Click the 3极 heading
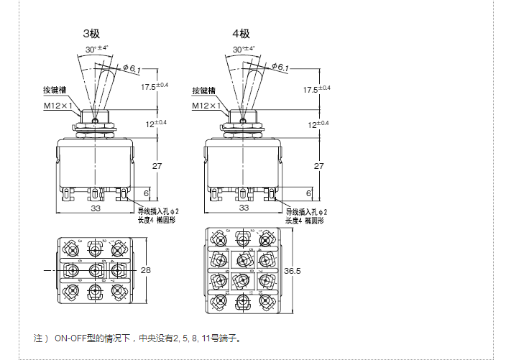pos(92,34)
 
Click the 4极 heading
pos(241,34)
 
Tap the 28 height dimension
pos(147,270)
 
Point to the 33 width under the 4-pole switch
pos(243,208)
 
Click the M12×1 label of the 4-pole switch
pos(206,106)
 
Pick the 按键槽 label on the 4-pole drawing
pos(203,91)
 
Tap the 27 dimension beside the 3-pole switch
pos(158,166)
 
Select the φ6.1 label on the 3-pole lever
pos(132,68)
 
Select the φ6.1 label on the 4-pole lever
pos(280,68)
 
